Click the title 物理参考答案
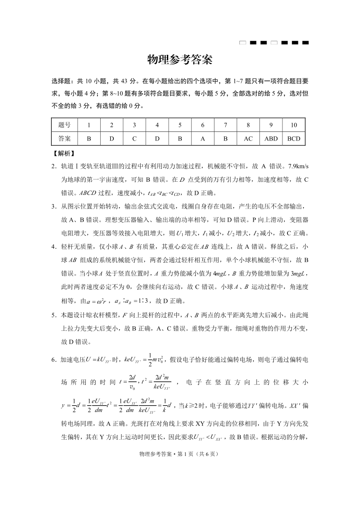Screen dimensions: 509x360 (x=180, y=60)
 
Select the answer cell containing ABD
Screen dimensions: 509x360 (x=271, y=139)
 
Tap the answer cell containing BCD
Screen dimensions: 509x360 (x=294, y=139)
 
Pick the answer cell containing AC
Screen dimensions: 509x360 (x=248, y=139)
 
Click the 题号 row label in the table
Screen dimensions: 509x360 (x=64, y=125)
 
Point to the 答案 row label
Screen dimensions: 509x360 (x=64, y=139)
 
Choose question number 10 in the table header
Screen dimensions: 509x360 (x=294, y=125)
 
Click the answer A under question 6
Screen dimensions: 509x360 (x=203, y=139)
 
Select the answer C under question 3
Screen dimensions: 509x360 (x=134, y=139)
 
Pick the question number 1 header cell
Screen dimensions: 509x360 (x=89, y=125)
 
